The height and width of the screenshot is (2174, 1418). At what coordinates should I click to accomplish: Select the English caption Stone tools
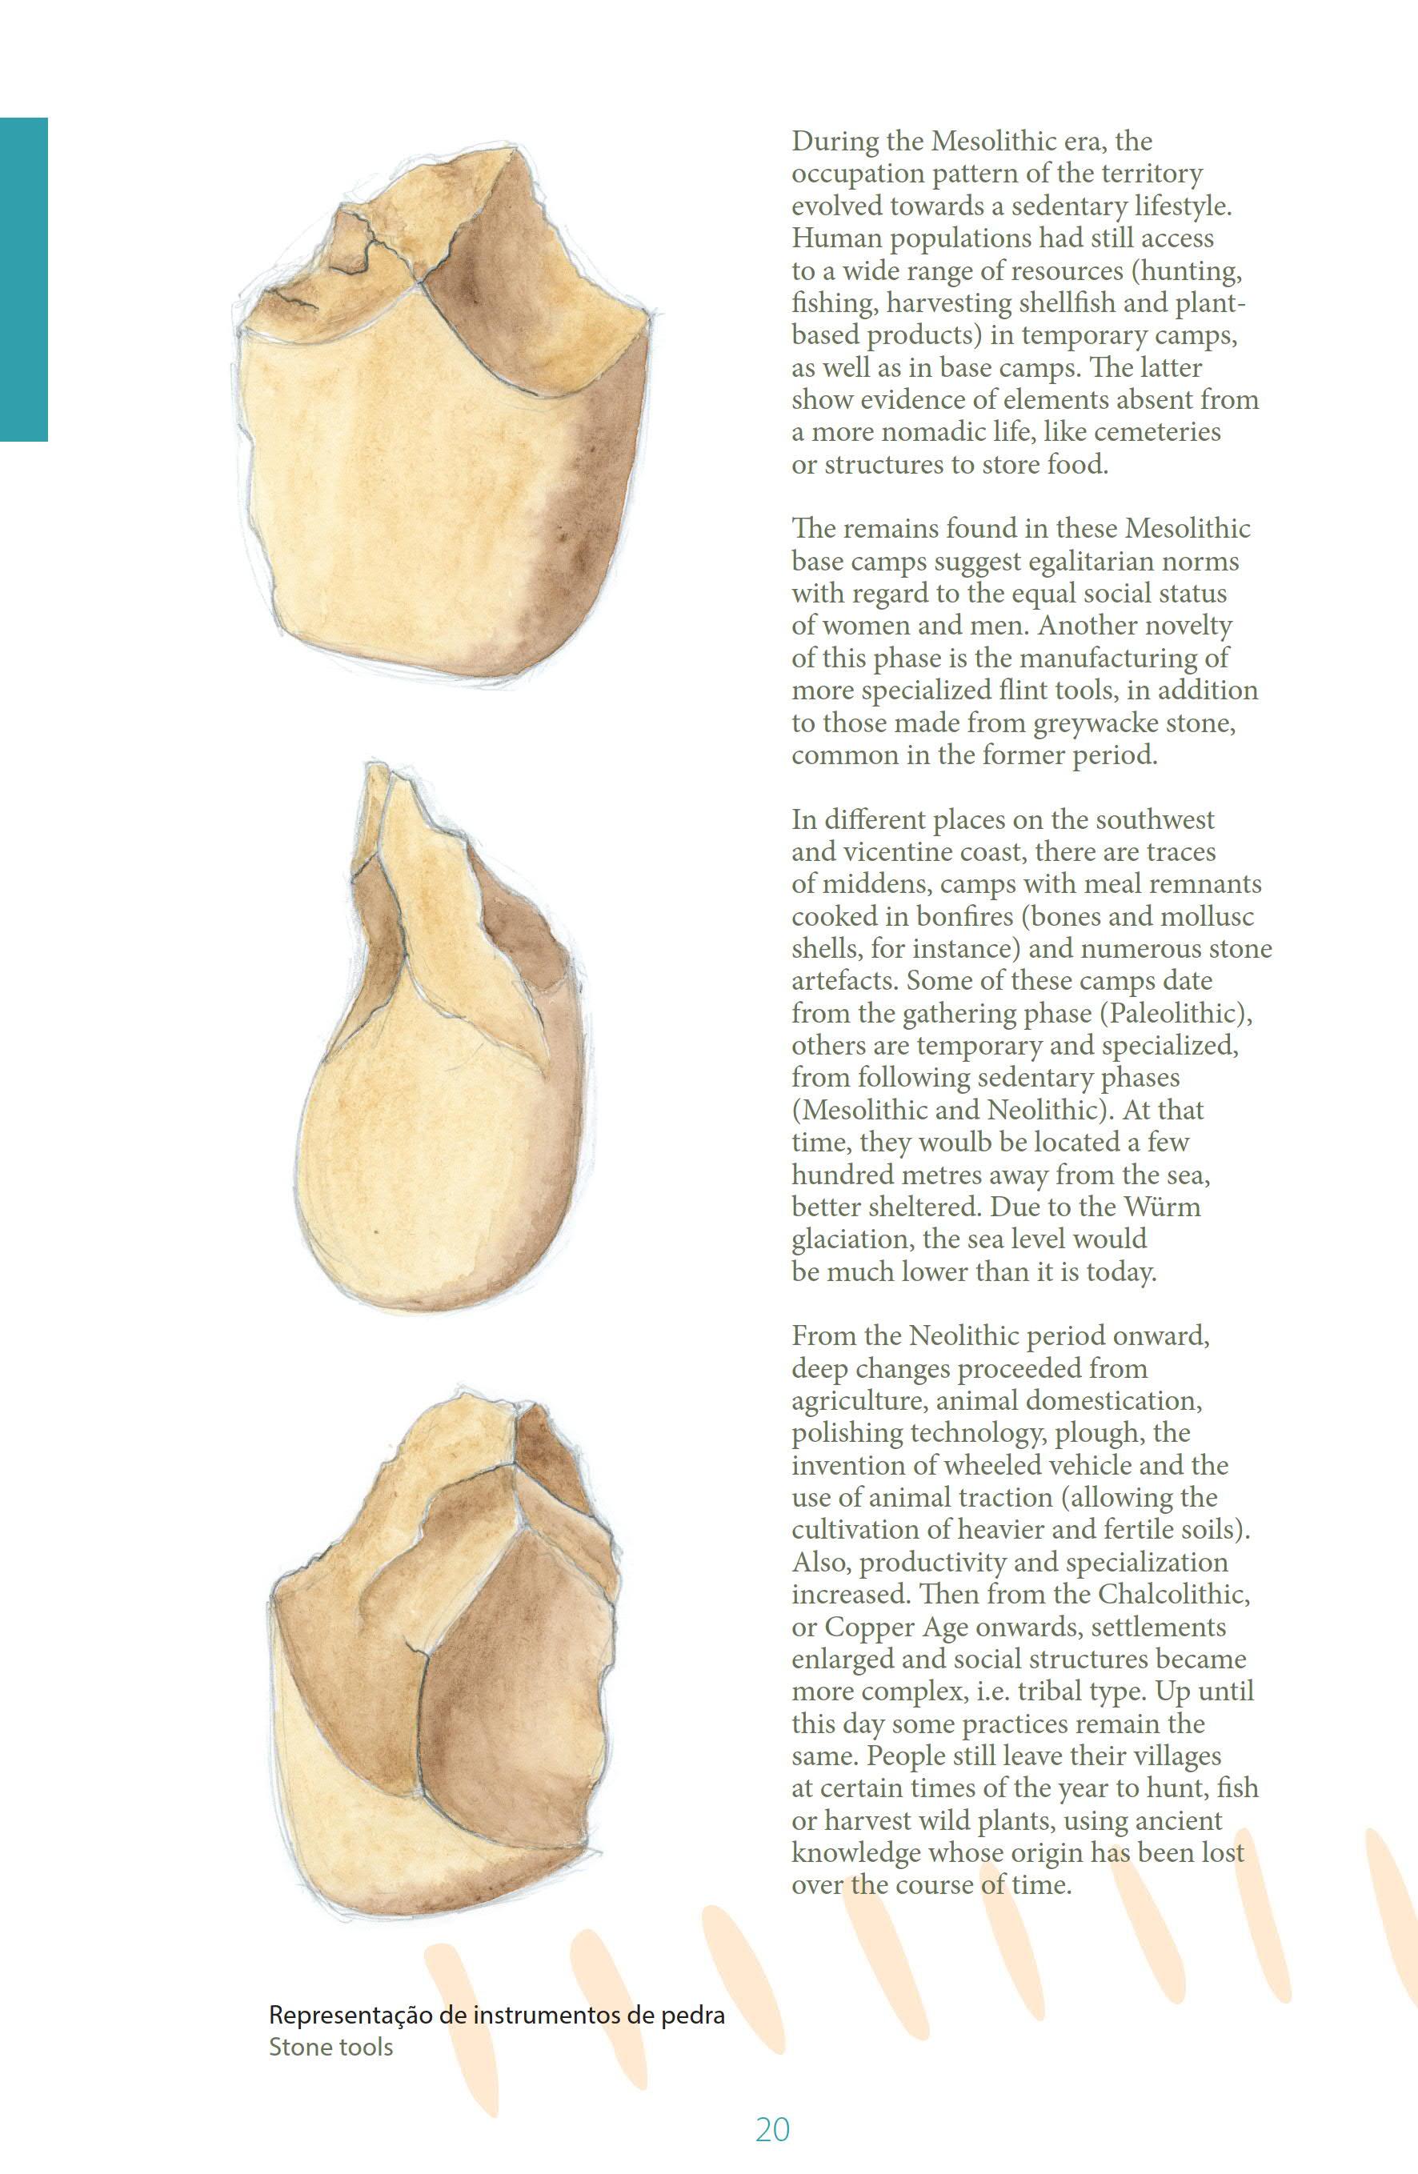click(330, 2046)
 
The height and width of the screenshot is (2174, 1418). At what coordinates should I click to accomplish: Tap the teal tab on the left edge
click(23, 279)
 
